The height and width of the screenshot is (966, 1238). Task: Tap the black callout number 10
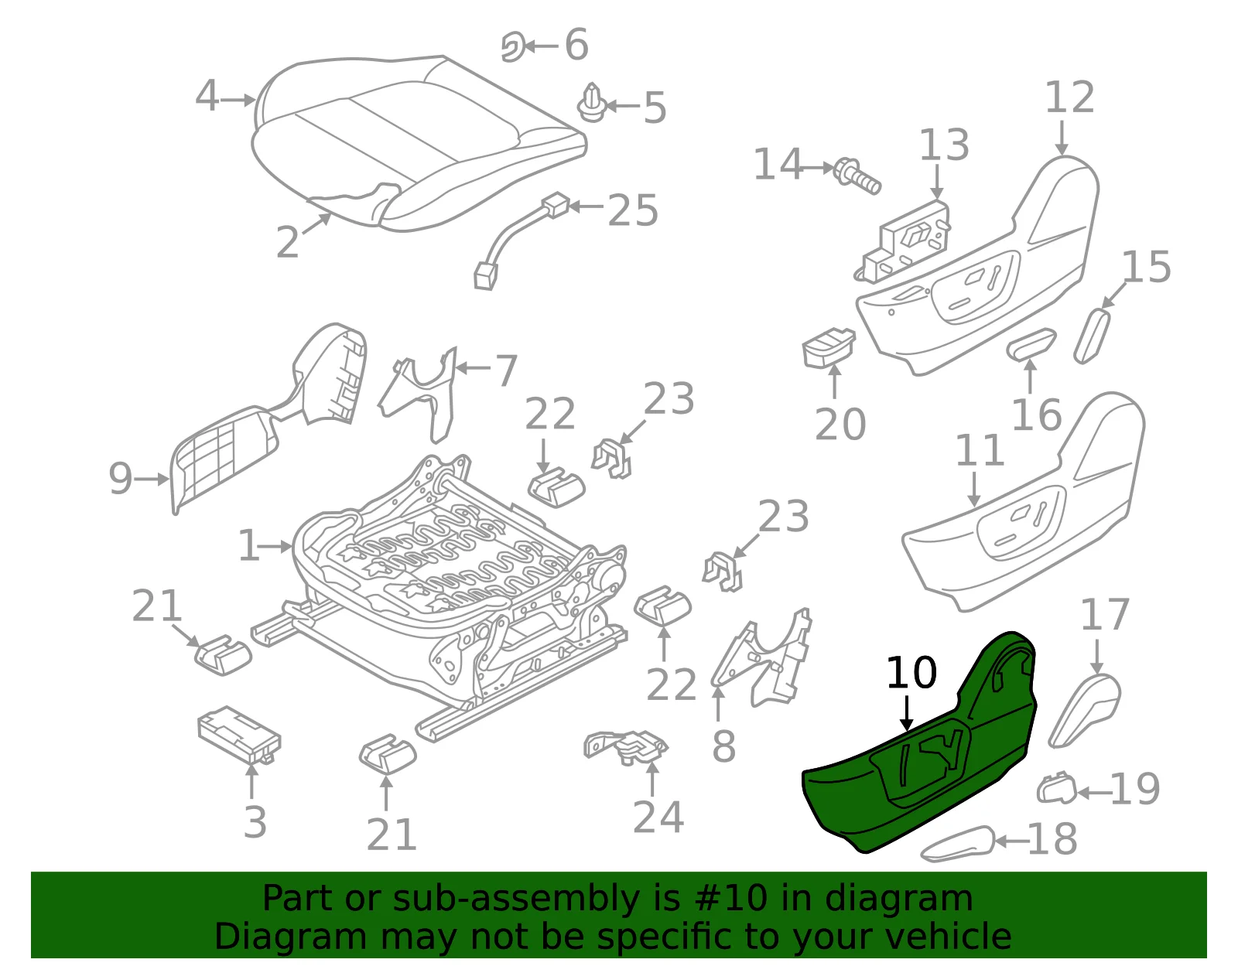pos(911,672)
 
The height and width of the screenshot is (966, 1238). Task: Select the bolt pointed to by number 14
pos(857,176)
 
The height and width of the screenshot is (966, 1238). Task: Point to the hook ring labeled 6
pos(512,46)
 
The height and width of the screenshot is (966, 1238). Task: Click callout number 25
pos(633,210)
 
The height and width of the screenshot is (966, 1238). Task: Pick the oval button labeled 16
pos(1031,343)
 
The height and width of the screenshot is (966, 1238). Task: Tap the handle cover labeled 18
pos(958,844)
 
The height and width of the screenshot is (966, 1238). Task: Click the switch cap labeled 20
pos(828,347)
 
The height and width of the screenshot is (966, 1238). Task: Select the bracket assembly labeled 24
pos(625,746)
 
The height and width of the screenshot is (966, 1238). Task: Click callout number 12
pos(1069,97)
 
